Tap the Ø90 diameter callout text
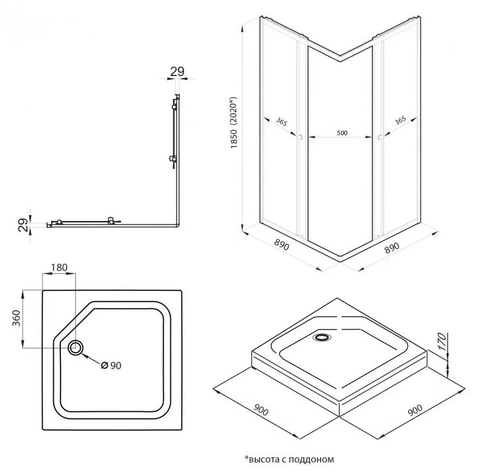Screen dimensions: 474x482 pos(112,366)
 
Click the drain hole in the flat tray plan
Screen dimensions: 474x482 pos(75,347)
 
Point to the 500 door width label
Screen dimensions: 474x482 pos(341,133)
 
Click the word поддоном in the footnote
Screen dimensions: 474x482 pos(312,459)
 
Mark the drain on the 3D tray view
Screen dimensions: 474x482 pos(322,337)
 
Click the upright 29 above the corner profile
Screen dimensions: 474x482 pos(177,72)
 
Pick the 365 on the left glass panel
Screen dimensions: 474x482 pos(280,121)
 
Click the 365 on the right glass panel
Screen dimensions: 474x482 pos(400,121)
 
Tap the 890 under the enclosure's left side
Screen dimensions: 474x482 pos(281,246)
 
